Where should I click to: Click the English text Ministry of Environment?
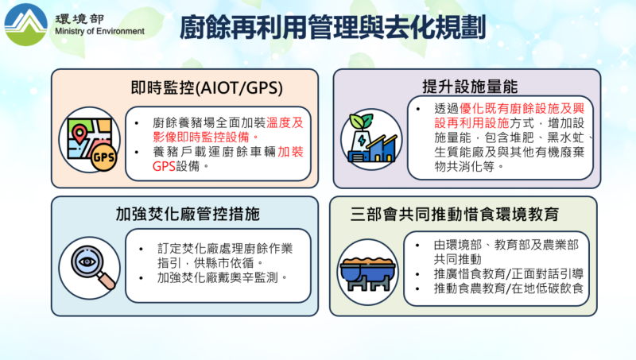pos(100,32)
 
